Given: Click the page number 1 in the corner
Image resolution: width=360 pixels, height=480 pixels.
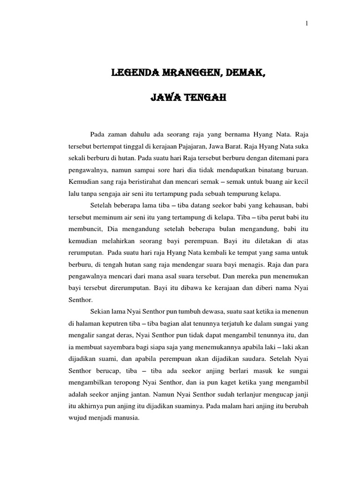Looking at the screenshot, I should point(307,25).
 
